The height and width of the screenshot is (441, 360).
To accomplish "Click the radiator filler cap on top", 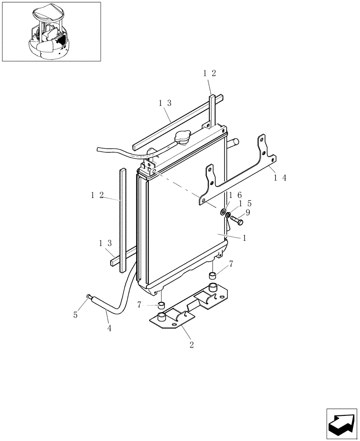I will click(x=182, y=138).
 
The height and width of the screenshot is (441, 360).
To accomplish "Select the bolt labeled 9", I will click(x=236, y=219).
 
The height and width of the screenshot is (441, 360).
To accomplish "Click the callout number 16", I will click(x=234, y=195).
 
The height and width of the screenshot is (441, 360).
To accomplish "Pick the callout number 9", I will click(x=247, y=212).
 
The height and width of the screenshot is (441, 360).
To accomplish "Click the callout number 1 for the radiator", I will click(x=244, y=237).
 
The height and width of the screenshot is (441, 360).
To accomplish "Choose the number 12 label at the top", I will click(x=209, y=74).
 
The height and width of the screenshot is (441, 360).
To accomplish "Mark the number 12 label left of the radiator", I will click(x=97, y=195).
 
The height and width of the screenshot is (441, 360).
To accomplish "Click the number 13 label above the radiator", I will click(x=165, y=103).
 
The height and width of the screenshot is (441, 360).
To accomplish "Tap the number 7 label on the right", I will click(x=231, y=264).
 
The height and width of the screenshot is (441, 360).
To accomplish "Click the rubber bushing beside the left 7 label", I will click(x=162, y=305).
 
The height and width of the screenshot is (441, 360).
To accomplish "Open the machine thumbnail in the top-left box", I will click(x=51, y=31).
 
